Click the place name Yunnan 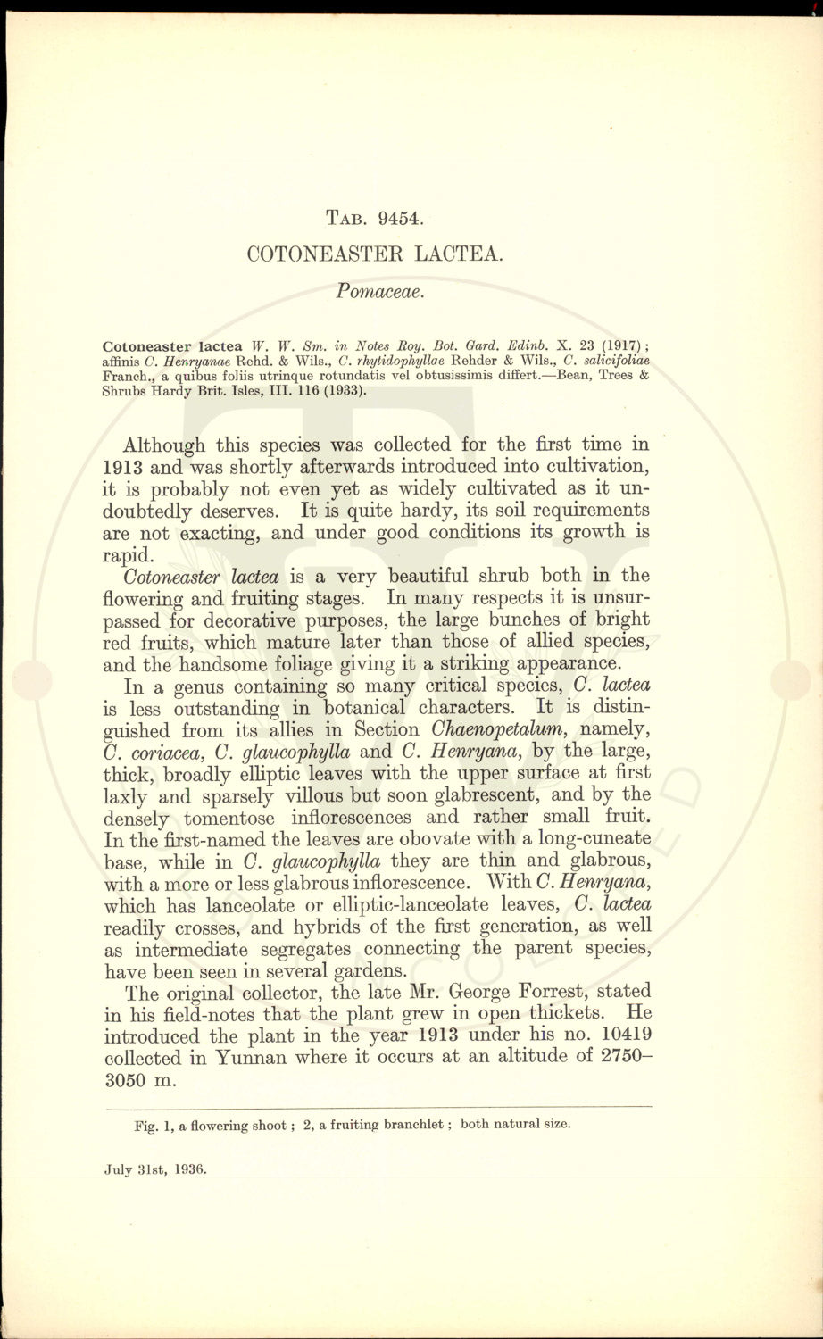[251, 1058]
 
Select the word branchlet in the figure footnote [411, 1125]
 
